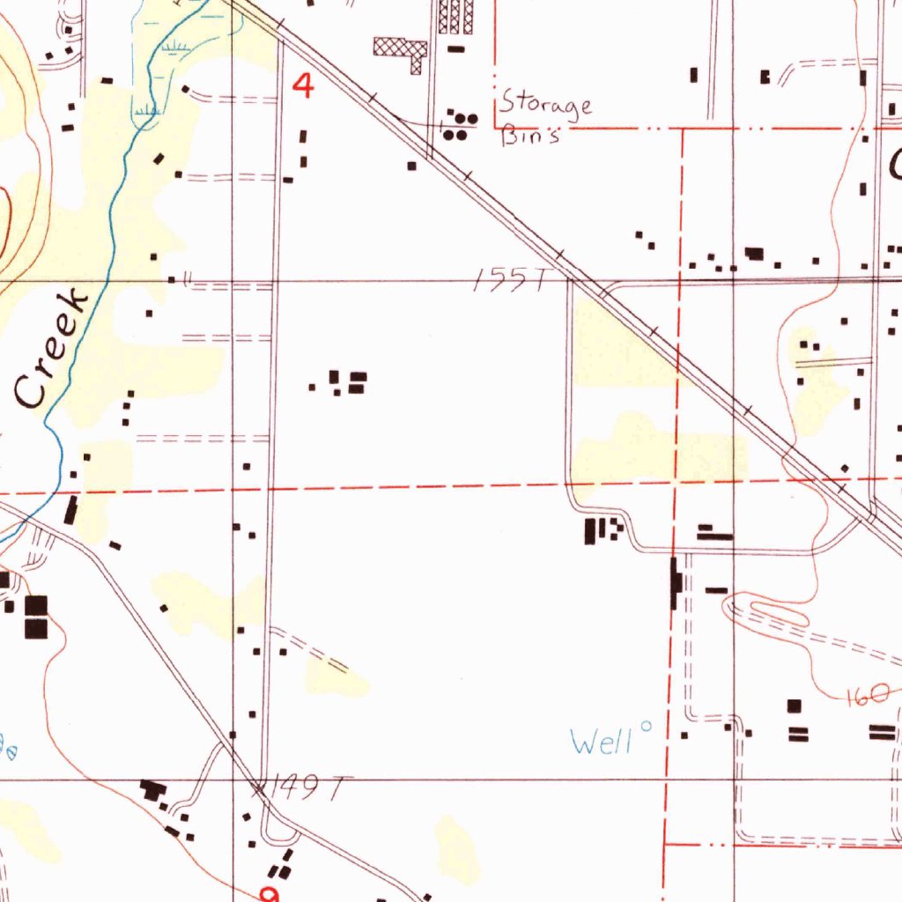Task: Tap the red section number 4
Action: tap(303, 86)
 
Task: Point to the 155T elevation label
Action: tap(510, 281)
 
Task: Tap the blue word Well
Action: tap(602, 742)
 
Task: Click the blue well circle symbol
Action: tap(647, 728)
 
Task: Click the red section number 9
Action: tap(270, 894)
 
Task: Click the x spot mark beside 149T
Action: tap(258, 787)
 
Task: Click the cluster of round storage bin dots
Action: tap(459, 126)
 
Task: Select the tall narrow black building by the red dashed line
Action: tap(676, 583)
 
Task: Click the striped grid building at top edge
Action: tap(455, 16)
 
